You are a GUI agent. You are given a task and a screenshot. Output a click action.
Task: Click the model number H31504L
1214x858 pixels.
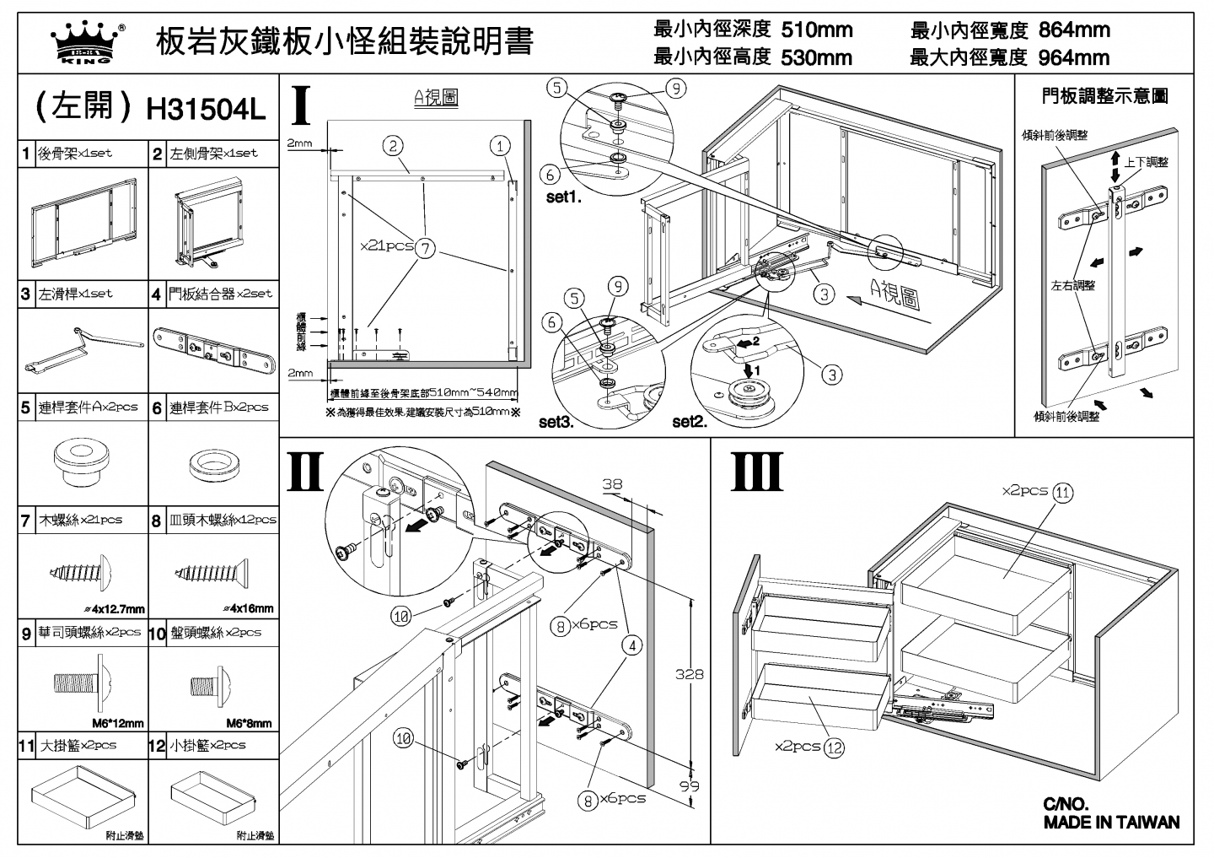pyautogui.click(x=206, y=108)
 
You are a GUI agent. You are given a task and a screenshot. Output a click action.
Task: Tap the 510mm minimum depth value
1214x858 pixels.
pyautogui.click(x=817, y=30)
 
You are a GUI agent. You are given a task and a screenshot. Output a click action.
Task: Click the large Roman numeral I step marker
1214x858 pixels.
pyautogui.click(x=302, y=105)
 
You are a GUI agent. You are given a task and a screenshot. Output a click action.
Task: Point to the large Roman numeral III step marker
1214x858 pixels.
pyautogui.click(x=756, y=472)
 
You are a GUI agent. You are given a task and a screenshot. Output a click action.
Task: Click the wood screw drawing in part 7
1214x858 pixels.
pyautogui.click(x=83, y=570)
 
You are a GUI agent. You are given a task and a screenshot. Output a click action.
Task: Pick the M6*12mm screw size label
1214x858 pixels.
pyautogui.click(x=117, y=723)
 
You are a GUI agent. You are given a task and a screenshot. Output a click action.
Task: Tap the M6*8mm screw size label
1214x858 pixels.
pyautogui.click(x=249, y=723)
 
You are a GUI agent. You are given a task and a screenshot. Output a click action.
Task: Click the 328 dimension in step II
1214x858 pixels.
pyautogui.click(x=689, y=674)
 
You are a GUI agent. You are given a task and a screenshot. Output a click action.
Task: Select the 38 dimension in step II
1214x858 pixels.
pyautogui.click(x=612, y=484)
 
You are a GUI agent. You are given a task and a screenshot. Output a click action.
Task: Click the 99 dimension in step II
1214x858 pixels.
pyautogui.click(x=690, y=786)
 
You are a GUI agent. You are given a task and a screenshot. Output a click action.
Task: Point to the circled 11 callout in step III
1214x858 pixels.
pyautogui.click(x=1063, y=493)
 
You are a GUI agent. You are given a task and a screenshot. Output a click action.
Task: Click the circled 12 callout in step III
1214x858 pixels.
pyautogui.click(x=834, y=747)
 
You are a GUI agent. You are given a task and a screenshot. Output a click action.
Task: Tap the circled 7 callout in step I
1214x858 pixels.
pyautogui.click(x=427, y=248)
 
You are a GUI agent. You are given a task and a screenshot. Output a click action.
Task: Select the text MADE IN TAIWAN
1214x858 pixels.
pyautogui.click(x=1111, y=823)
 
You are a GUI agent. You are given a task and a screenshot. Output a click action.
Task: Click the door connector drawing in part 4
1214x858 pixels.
pyautogui.click(x=214, y=350)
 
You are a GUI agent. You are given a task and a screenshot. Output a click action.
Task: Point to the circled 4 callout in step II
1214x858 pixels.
pyautogui.click(x=632, y=646)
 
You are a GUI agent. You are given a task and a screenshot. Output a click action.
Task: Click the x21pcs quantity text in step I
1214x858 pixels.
pyautogui.click(x=386, y=246)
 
